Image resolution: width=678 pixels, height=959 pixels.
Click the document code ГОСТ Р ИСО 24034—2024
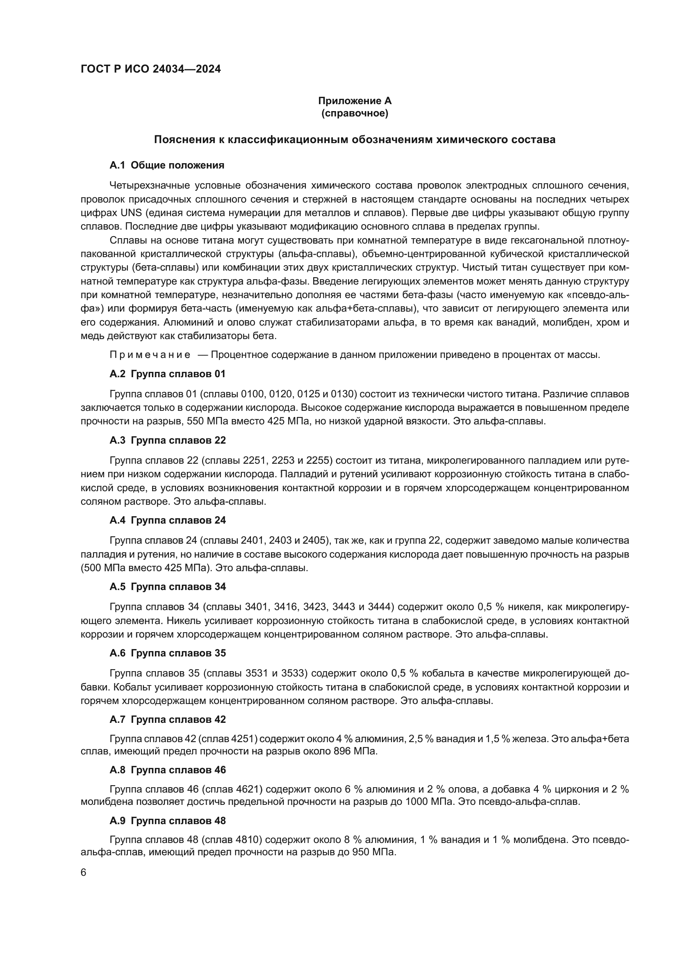[150, 69]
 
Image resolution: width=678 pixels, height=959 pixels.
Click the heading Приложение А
[355, 101]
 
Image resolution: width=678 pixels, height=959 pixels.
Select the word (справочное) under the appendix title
[355, 114]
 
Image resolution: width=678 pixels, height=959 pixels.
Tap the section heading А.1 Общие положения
[166, 165]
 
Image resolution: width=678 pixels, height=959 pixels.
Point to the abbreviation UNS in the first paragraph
[131, 213]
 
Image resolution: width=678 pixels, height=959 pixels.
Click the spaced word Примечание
[150, 355]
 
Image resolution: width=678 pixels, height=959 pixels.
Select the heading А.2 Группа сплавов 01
[167, 374]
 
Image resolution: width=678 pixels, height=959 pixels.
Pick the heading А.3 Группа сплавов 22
[167, 440]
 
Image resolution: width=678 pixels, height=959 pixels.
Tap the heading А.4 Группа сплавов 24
[167, 520]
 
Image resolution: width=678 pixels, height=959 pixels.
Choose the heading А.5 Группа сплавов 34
[167, 587]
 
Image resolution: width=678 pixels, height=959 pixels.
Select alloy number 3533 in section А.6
[295, 674]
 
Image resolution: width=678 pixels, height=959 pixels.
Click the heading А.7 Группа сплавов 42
[167, 720]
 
